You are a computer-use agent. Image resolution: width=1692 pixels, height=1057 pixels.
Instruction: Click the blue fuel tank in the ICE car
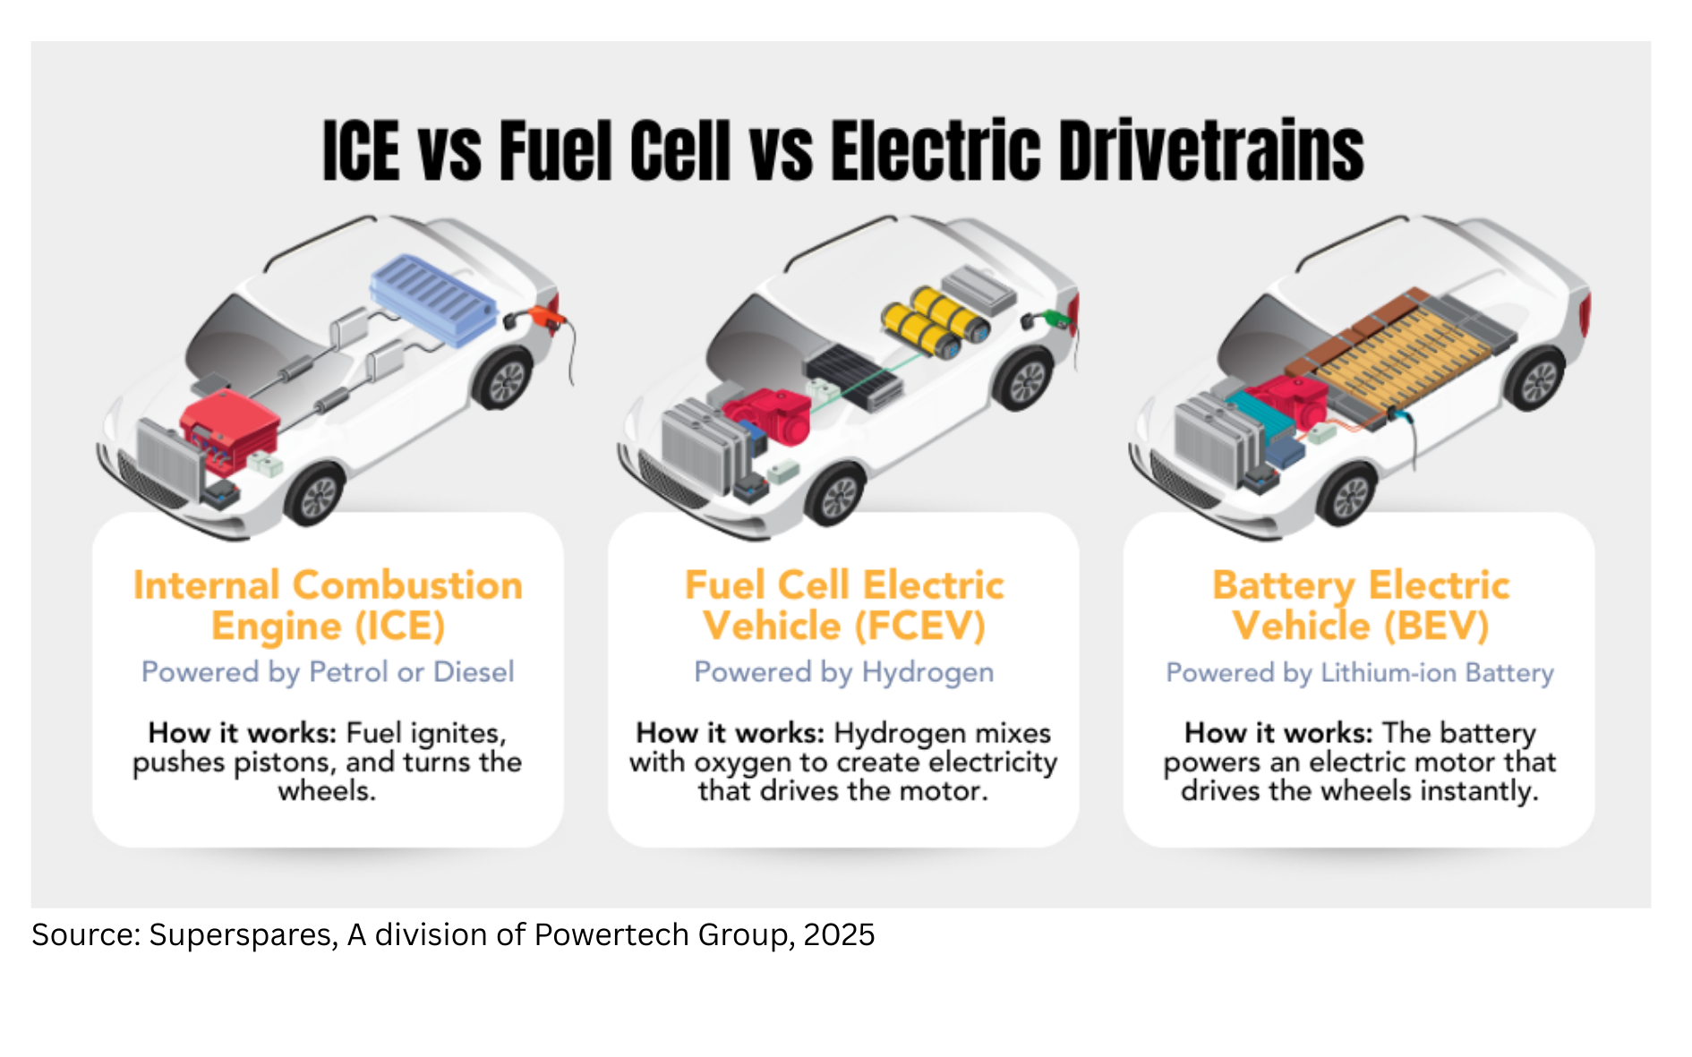coord(433,300)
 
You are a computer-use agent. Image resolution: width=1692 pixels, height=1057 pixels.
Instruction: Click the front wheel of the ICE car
coord(317,495)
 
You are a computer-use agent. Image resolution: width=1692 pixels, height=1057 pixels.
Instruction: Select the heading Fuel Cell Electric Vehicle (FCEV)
coord(844,605)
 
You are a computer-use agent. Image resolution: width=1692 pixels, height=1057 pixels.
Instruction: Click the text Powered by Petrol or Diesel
coord(328,672)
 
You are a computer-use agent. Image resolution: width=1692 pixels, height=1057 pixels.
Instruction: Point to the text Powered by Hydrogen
coord(844,672)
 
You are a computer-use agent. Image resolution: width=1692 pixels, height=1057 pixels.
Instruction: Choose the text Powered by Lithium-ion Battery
coord(1359,672)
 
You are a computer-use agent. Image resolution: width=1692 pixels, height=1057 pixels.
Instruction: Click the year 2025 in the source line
coord(839,934)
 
